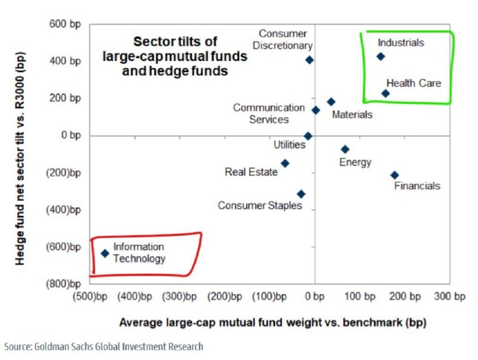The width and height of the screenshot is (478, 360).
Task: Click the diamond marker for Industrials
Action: (380, 57)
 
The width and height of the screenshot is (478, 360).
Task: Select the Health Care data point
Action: (385, 93)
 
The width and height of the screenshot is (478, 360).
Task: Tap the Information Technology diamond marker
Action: (105, 253)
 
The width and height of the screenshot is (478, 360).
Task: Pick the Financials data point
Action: (394, 175)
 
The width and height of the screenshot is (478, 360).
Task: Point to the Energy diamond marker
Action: (345, 149)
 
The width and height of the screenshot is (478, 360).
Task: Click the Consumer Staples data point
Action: (301, 194)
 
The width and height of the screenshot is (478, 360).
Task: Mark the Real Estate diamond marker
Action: (285, 163)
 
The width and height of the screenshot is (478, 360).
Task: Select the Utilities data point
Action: (308, 136)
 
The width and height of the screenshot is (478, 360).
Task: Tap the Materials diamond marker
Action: (331, 102)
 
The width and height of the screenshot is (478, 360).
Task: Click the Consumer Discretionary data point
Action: (309, 60)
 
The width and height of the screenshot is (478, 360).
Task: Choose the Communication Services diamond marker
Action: (315, 110)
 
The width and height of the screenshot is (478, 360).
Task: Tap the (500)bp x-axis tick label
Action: (90, 296)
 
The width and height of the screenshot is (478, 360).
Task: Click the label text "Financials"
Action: (417, 186)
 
